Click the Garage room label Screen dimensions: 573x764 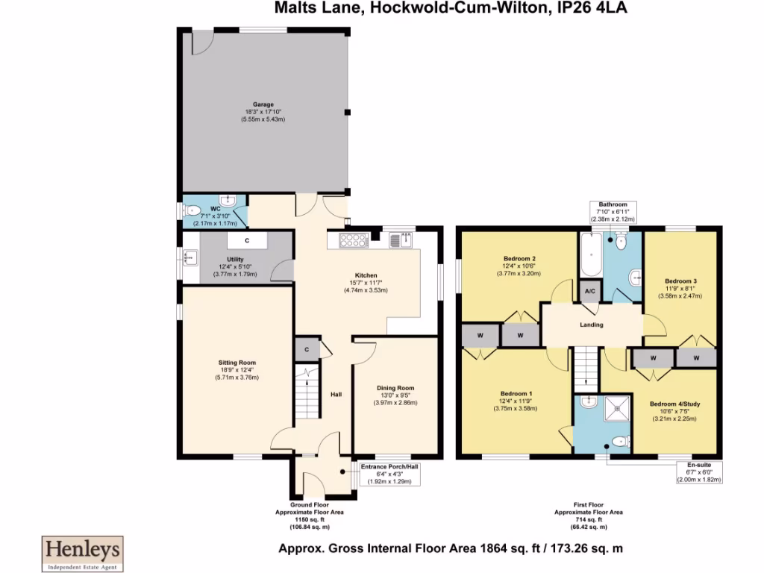[263, 104]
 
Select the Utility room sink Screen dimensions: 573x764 [190, 258]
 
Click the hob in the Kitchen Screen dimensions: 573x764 [354, 239]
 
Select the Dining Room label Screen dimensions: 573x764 [395, 388]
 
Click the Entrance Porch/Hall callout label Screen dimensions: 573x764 [390, 467]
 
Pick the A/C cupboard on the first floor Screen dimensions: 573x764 [589, 291]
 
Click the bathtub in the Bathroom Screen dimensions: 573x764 [589, 255]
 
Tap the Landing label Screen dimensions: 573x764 [592, 325]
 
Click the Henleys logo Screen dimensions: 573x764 [81, 551]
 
